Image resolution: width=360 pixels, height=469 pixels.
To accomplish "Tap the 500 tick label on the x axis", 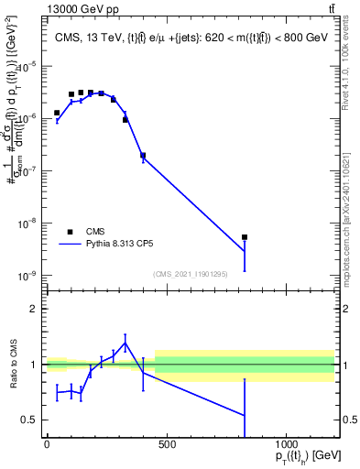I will [167, 444].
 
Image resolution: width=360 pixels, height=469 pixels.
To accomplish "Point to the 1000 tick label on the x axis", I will [287, 444].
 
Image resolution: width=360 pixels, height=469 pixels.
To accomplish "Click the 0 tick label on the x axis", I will [47, 444].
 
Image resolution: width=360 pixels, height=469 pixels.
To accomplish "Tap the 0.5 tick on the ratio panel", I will [31, 420].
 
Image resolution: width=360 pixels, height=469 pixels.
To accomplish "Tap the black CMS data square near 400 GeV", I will [143, 156].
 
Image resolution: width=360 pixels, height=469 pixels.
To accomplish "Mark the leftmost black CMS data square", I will [57, 113].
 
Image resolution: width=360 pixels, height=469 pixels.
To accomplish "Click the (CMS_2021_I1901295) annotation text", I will [191, 273].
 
